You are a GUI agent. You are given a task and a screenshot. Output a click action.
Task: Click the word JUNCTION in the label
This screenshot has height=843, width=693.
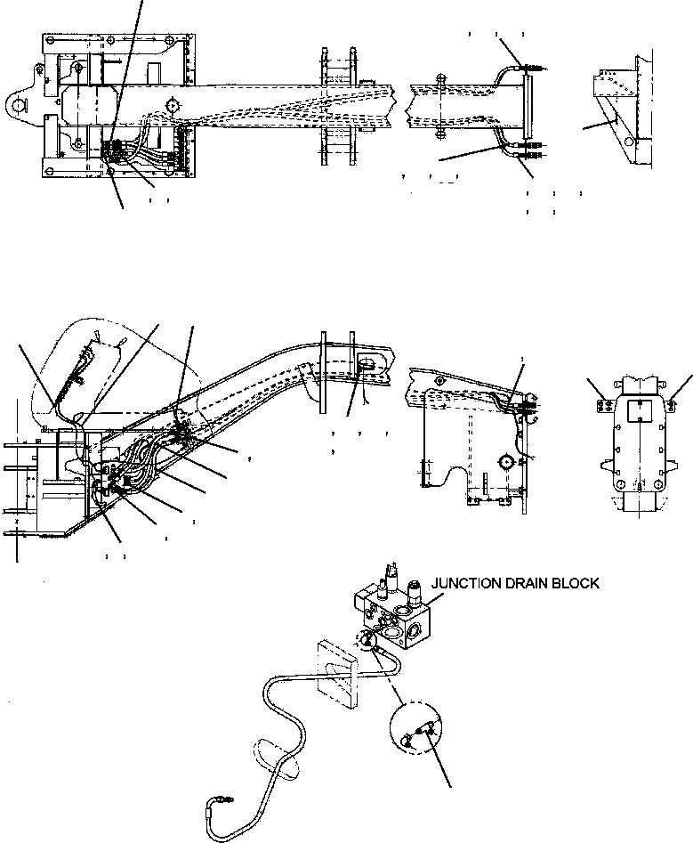point(467,584)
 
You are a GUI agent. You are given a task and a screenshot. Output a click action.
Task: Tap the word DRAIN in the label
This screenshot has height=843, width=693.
point(532,584)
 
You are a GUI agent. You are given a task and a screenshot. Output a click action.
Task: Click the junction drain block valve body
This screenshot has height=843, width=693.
point(400,620)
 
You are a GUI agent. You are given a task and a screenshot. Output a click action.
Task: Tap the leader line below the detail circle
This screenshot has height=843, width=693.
point(439,766)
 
